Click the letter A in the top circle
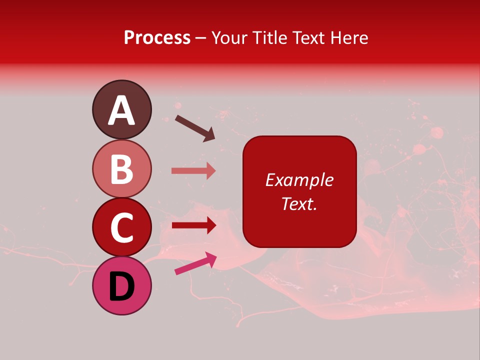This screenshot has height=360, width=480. click(121, 110)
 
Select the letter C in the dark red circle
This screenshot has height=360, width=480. click(121, 227)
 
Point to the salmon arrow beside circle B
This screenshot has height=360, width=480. click(193, 171)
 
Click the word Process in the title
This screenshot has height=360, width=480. click(157, 37)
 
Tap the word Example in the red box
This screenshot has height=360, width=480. click(299, 180)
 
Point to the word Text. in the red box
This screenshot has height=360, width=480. click(299, 203)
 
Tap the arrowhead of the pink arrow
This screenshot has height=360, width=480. click(210, 258)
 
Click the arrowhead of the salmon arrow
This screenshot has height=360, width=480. click(210, 171)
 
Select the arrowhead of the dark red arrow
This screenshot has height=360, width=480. click(210, 225)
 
